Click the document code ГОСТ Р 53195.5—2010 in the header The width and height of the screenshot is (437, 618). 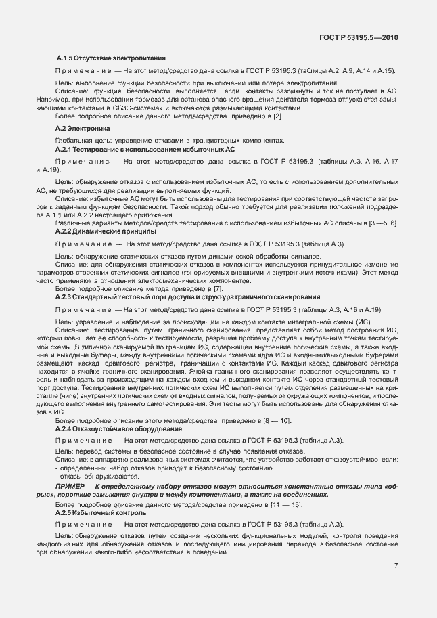point(363,37)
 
